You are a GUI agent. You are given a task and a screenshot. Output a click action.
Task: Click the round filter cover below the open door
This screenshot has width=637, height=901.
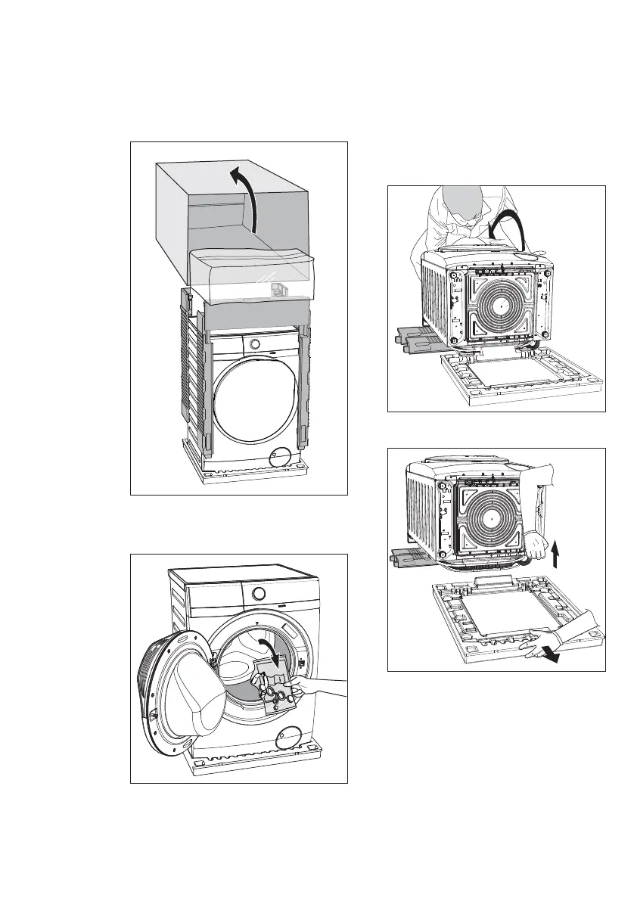pyautogui.click(x=290, y=733)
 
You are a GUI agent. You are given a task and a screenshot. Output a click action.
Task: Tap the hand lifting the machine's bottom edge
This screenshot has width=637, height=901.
pyautogui.click(x=539, y=545)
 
